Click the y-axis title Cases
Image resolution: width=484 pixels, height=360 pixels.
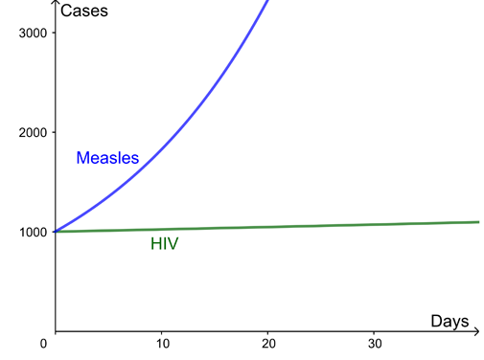click(x=82, y=11)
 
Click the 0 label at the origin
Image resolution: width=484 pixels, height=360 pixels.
click(x=44, y=343)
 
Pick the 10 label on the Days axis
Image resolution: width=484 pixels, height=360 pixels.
click(x=162, y=344)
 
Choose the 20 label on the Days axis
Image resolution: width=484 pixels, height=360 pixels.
click(x=268, y=344)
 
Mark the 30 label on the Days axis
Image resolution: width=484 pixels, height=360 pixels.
click(x=375, y=344)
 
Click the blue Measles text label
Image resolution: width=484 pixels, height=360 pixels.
click(x=107, y=158)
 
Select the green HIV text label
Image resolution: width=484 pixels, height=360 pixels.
click(x=164, y=244)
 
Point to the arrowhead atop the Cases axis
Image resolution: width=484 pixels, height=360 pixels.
click(x=56, y=5)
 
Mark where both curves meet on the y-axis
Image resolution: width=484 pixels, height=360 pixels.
click(x=56, y=232)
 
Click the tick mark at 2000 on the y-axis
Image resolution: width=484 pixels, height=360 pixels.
click(x=56, y=132)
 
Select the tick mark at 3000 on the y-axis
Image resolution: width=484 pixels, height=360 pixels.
click(x=56, y=34)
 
